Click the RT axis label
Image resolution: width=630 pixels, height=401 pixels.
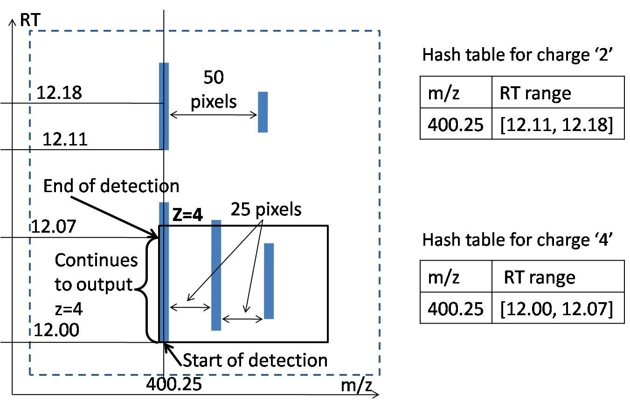coord(30,20)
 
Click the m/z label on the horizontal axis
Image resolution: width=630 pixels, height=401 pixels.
coord(356,385)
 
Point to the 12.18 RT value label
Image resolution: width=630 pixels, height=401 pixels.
coord(59,92)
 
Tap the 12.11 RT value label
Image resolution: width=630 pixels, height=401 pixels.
coord(65,139)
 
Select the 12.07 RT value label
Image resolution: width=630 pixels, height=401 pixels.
coord(54,226)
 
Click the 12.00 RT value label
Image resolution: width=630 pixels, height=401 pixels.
coord(56,330)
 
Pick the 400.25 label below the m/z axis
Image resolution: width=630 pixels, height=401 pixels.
coord(174,384)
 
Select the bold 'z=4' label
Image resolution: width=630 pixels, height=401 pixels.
coord(187,215)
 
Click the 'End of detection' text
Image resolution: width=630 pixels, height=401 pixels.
coord(111,186)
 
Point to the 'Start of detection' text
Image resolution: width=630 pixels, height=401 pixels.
coord(256,360)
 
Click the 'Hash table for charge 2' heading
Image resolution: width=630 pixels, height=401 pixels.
coord(518,55)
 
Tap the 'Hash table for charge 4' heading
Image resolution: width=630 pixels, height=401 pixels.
coord(518,240)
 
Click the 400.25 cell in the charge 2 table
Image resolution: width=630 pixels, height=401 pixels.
coord(456,124)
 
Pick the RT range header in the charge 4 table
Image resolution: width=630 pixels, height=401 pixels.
coord(540,277)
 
